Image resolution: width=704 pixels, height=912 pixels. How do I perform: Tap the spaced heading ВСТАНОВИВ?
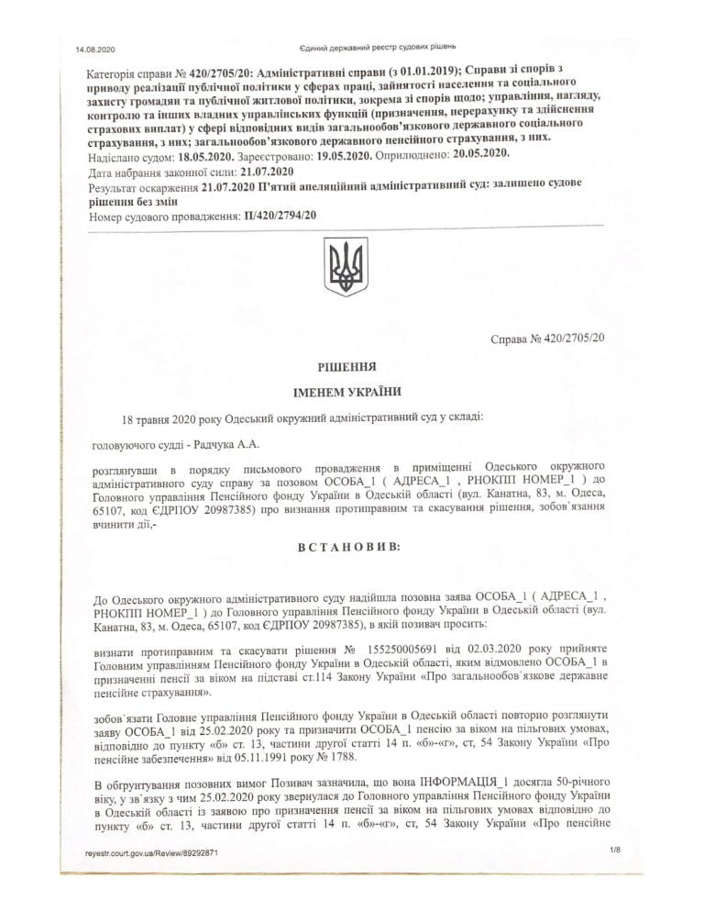pyautogui.click(x=346, y=547)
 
